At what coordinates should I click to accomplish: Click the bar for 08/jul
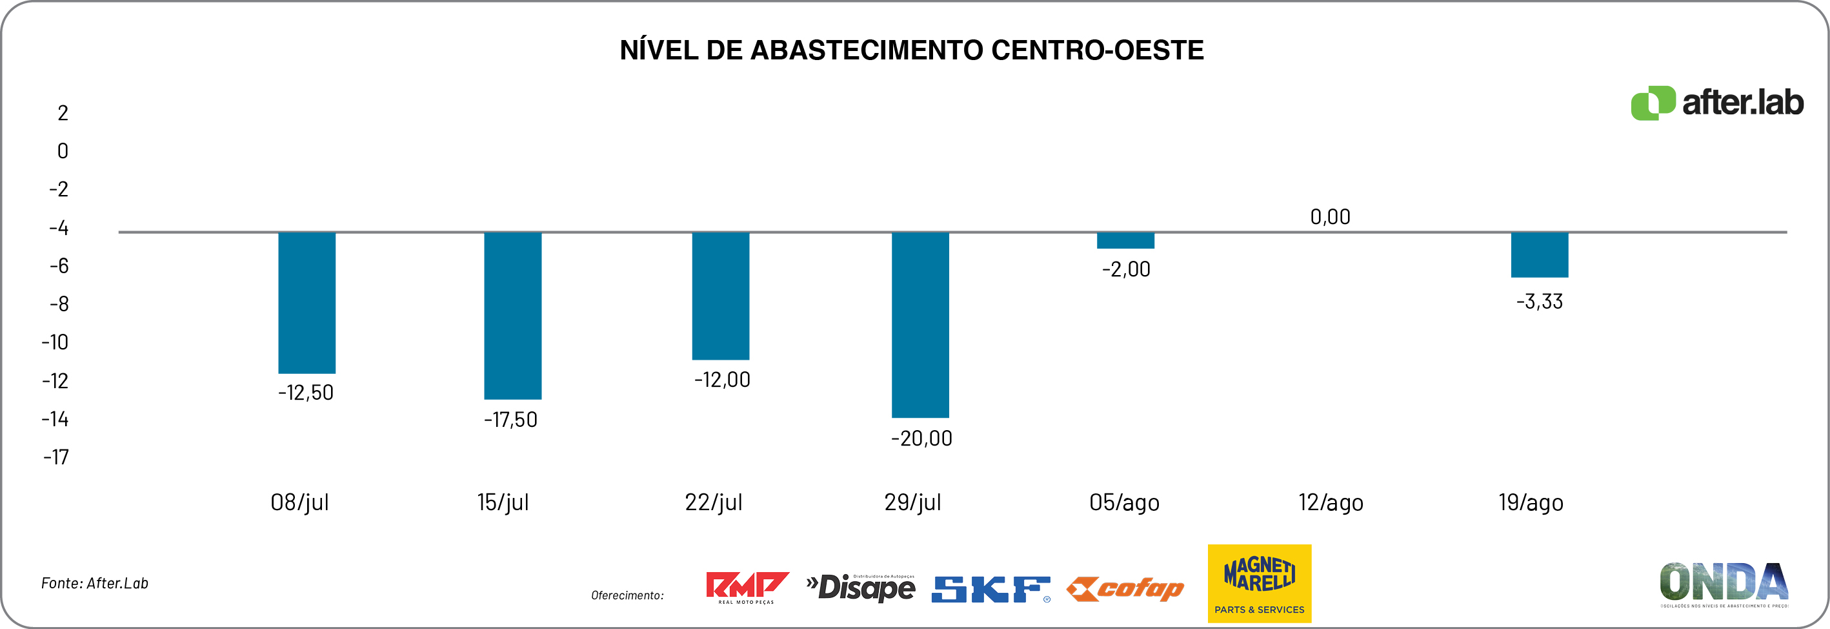(x=307, y=302)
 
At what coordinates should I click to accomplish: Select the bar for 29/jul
(x=920, y=324)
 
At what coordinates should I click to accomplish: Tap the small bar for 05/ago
(x=1125, y=240)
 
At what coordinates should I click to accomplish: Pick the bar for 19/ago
(x=1540, y=254)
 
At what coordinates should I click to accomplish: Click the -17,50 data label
(x=511, y=419)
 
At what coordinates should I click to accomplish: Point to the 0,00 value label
(x=1330, y=217)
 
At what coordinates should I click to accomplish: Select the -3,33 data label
(x=1540, y=302)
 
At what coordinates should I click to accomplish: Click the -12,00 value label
(x=722, y=380)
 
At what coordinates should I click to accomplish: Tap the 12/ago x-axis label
(x=1331, y=502)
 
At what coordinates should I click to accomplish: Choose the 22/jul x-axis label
(x=713, y=502)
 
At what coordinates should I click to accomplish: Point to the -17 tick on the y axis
(x=56, y=457)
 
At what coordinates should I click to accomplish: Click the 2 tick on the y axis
(x=63, y=113)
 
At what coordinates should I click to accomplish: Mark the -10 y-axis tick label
(x=55, y=342)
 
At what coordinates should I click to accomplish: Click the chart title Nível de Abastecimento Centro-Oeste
(x=911, y=50)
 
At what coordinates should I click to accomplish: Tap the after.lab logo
(x=1716, y=103)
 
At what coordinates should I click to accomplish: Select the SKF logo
(x=990, y=589)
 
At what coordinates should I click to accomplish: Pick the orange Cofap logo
(x=1125, y=588)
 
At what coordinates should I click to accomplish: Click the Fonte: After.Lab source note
(x=94, y=583)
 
